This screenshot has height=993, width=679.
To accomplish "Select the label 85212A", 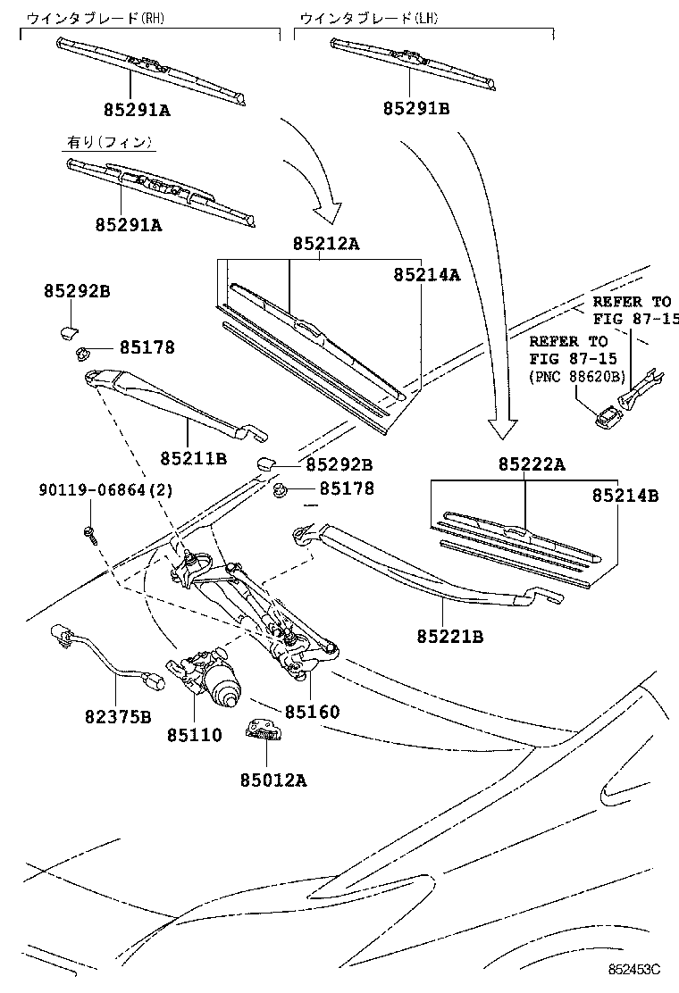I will coord(325,244).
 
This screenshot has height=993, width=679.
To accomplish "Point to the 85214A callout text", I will coord(426,275).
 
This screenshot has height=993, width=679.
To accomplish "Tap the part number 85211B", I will coord(194,458).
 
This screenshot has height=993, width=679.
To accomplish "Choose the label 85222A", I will coord(532,464).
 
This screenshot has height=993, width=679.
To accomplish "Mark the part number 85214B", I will coord(624,496).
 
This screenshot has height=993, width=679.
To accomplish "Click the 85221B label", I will coord(449,636).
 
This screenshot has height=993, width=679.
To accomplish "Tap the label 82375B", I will coord(119,716).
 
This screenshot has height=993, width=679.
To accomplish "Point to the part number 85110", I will coord(194,736).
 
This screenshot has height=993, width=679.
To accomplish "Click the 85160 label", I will coord(312,713).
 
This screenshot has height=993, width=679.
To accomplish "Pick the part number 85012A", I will coord(272,780).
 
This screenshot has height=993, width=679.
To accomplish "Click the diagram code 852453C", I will coord(634,969).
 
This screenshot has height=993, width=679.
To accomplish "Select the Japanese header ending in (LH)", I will coord(369,17).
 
